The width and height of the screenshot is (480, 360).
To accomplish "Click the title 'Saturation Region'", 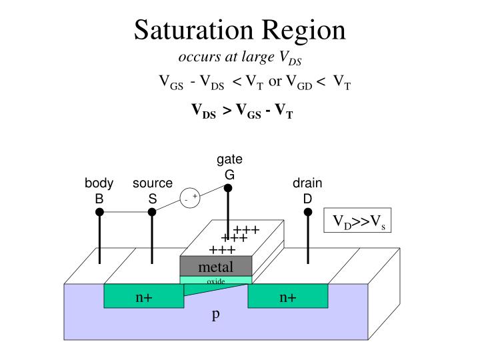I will [x=240, y=30].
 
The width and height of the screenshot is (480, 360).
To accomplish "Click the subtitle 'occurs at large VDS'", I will [x=241, y=58].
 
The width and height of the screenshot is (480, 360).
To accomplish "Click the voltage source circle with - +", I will [x=190, y=198].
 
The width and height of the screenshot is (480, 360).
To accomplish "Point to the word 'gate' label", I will [x=229, y=159].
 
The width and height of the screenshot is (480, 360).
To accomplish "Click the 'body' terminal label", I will [x=99, y=183].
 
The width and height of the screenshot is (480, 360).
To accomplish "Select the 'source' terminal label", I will [x=152, y=183].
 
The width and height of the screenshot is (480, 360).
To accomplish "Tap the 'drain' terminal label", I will [x=307, y=183].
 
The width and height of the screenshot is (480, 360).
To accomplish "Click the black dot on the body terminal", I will [x=99, y=212].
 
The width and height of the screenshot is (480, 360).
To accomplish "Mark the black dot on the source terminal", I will [x=152, y=212].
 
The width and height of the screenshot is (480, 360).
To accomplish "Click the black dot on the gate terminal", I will [x=228, y=188].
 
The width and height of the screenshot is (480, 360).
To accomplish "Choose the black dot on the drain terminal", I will [x=308, y=212].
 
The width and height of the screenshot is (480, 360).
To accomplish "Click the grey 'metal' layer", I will [x=216, y=267].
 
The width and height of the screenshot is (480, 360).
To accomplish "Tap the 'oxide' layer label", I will [x=216, y=281].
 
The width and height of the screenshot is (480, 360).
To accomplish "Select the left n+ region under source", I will [x=144, y=297].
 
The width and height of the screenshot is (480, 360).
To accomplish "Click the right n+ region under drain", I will [x=288, y=297].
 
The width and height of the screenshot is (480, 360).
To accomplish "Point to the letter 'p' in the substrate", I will [x=215, y=315].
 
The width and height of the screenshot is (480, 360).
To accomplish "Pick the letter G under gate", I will [x=229, y=174].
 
